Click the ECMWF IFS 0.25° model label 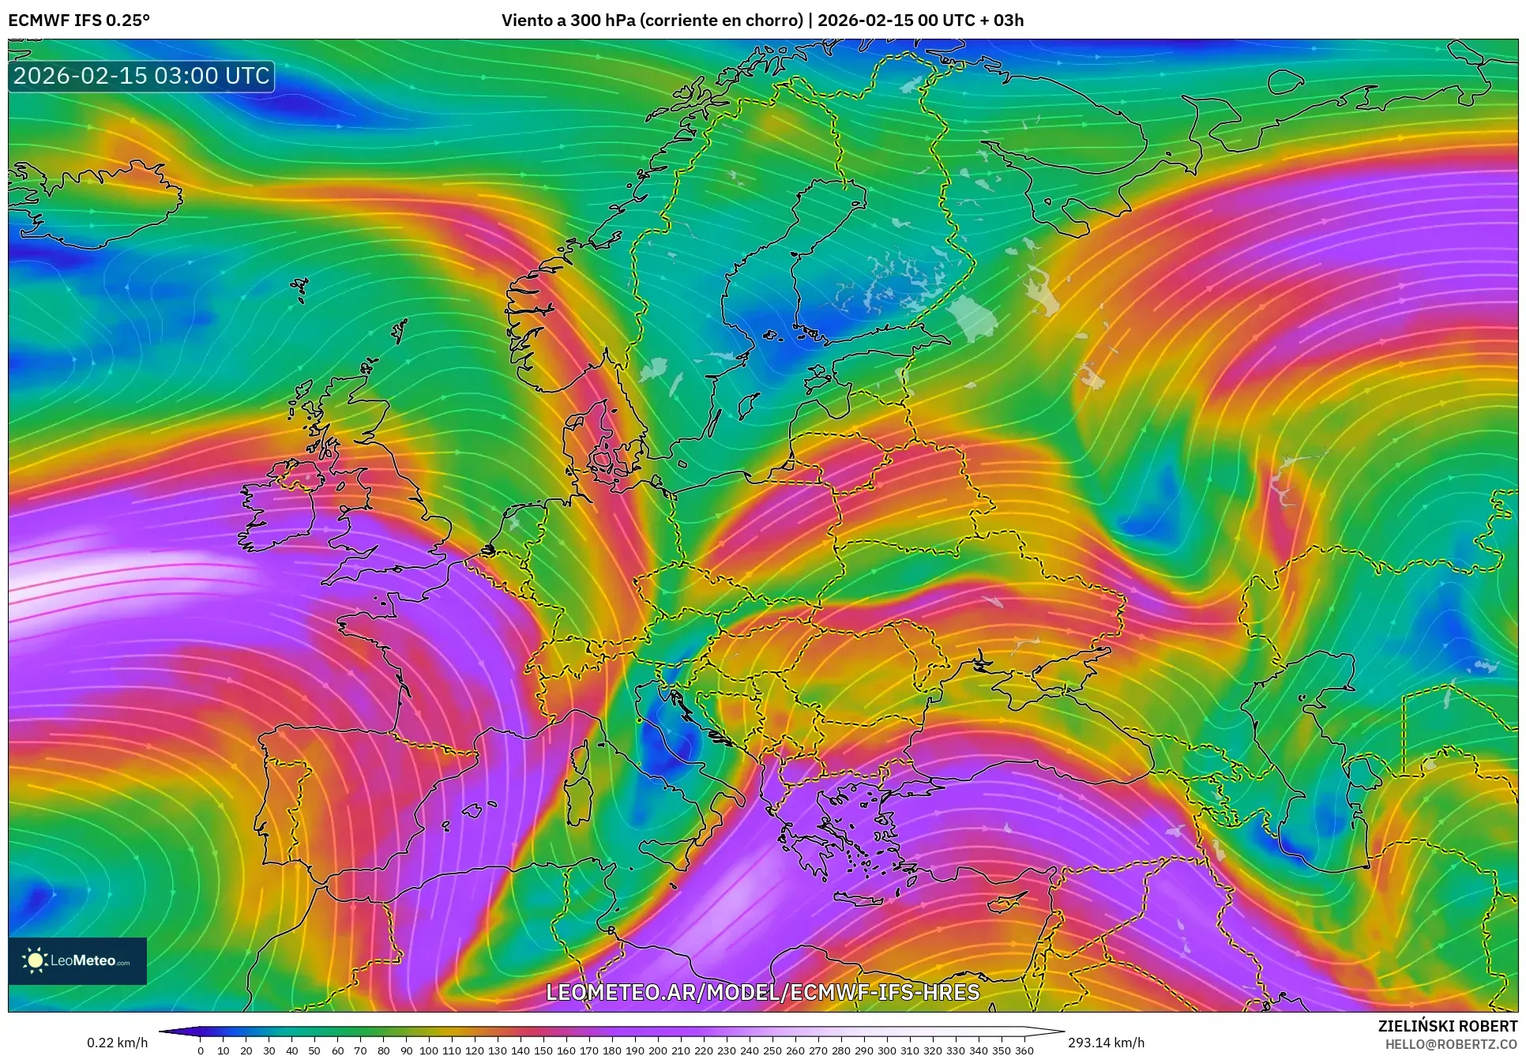click(79, 21)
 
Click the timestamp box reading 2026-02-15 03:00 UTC click(141, 77)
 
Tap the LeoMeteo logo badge click(77, 960)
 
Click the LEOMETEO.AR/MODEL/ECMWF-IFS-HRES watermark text click(762, 992)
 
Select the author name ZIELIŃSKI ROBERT click(1447, 1026)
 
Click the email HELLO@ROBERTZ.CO click(1451, 1044)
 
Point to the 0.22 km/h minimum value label click(117, 1043)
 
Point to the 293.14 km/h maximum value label click(1106, 1043)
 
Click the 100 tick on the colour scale click(428, 1050)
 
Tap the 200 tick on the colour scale click(657, 1050)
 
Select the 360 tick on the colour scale click(1024, 1050)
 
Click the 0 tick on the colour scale click(201, 1050)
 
